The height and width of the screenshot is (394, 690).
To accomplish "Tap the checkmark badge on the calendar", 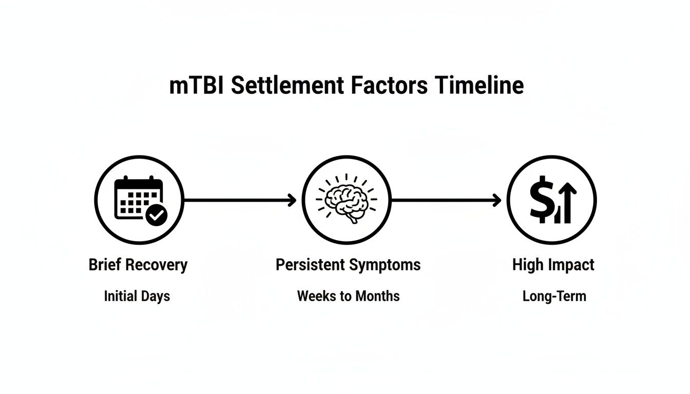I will [157, 216].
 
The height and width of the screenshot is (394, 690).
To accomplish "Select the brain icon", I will [346, 200].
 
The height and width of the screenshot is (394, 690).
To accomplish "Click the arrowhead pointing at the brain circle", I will [293, 200].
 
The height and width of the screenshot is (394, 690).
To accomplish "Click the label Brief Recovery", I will [138, 265].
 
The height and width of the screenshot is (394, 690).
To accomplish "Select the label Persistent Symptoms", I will [348, 265].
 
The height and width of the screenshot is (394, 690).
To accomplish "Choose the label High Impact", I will [553, 265].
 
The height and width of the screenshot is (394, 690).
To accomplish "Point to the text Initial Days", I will [137, 297].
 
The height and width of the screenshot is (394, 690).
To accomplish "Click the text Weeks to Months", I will [348, 297].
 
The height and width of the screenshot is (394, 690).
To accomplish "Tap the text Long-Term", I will [554, 297].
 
